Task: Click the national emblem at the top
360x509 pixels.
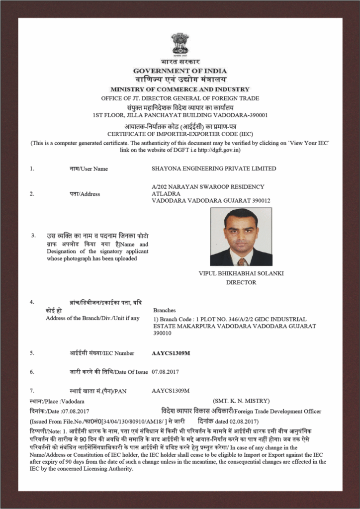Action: [x=180, y=44]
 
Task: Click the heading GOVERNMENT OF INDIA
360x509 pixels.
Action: [x=180, y=70]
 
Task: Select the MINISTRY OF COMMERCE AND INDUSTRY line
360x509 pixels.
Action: [x=180, y=89]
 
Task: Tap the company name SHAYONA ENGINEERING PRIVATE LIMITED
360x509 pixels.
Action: [x=214, y=169]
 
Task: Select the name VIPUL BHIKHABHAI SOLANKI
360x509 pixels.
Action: [x=241, y=273]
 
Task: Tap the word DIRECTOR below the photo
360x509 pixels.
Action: [x=241, y=282]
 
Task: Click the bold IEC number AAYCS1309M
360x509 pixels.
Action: [x=171, y=353]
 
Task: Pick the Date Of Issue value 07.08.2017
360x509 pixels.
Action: [x=166, y=371]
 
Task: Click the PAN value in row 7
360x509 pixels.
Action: [x=171, y=391]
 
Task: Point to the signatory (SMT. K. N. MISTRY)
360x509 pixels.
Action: [x=241, y=401]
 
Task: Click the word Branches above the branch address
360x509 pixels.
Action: [x=165, y=310]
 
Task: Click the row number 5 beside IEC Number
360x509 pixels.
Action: [x=32, y=353]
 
